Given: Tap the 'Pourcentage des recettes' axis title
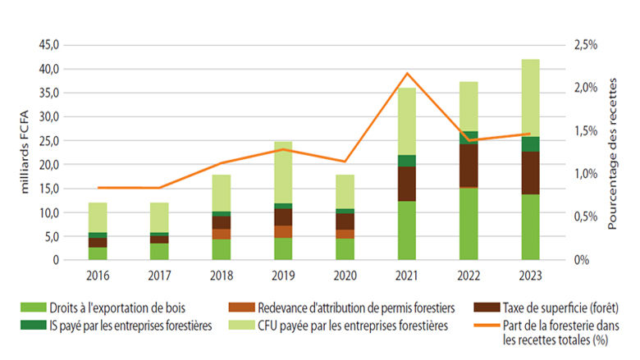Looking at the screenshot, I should pyautogui.click(x=614, y=153).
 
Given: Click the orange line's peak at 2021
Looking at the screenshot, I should pyautogui.click(x=408, y=74).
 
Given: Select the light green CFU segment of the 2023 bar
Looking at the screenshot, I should pyautogui.click(x=531, y=98).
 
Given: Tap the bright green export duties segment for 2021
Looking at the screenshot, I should pyautogui.click(x=408, y=230).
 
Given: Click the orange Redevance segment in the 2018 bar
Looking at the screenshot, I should pyautogui.click(x=222, y=234).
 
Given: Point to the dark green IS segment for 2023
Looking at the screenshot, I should pyautogui.click(x=531, y=144).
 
